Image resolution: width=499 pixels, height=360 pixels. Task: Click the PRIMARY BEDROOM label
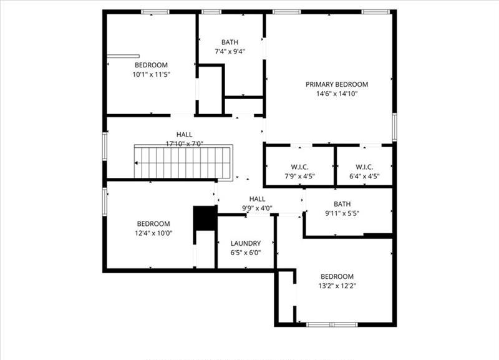(337, 84)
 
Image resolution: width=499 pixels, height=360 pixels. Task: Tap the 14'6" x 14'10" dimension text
(337, 94)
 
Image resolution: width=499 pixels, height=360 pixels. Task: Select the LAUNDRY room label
(246, 243)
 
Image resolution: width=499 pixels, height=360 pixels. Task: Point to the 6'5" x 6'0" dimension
(246, 253)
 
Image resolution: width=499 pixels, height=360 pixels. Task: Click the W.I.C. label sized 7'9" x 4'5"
(300, 167)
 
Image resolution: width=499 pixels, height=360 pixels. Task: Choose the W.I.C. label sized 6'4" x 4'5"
(364, 167)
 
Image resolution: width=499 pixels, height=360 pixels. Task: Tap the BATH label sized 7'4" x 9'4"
(230, 42)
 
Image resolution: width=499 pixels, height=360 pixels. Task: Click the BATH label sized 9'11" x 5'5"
(342, 204)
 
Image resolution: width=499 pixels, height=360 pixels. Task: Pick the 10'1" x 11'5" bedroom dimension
(151, 74)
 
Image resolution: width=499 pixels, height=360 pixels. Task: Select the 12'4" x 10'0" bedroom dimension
(153, 233)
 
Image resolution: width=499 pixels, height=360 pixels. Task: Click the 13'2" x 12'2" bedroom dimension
(337, 286)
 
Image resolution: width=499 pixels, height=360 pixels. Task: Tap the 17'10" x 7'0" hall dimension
(185, 144)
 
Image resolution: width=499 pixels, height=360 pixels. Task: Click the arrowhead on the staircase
(136, 163)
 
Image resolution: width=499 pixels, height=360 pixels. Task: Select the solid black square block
(205, 218)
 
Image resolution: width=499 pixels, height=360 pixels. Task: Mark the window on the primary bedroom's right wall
(394, 127)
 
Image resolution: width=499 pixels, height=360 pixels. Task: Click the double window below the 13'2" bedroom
(332, 324)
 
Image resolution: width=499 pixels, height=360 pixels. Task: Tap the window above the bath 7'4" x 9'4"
(211, 12)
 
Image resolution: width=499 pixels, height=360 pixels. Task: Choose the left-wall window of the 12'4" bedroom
(104, 202)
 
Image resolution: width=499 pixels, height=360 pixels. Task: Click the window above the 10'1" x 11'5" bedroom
(155, 12)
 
